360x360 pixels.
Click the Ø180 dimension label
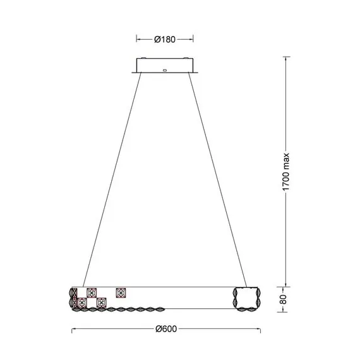point(165,40)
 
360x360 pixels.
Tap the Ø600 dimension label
point(166,329)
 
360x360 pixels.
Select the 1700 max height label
point(285,172)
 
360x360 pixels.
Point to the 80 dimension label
point(284,299)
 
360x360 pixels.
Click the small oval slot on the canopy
point(165,70)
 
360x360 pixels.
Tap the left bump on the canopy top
point(143,58)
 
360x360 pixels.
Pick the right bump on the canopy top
point(186,58)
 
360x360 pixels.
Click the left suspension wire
point(112,180)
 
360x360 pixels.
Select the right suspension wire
point(218,180)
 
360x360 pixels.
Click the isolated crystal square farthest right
point(121,293)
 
